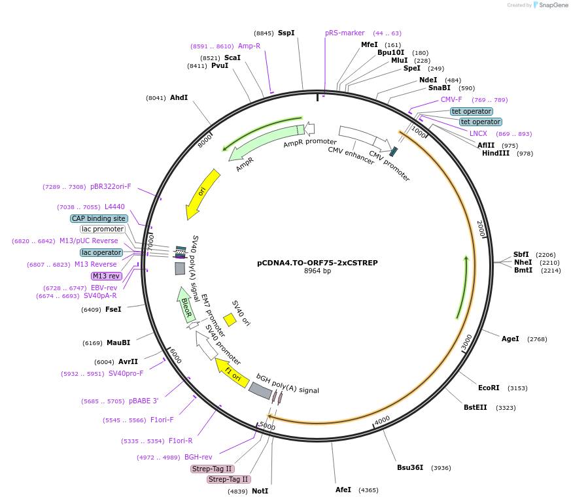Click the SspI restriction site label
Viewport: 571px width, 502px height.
(286, 33)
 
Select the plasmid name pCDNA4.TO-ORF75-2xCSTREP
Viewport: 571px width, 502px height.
(317, 263)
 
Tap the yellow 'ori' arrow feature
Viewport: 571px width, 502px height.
(203, 193)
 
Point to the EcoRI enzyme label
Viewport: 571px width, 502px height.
(489, 388)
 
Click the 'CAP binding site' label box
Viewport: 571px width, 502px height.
(98, 218)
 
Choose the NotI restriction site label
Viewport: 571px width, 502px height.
(260, 491)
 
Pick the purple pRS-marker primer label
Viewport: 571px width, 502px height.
(345, 33)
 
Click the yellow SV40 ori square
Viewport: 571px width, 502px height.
(230, 319)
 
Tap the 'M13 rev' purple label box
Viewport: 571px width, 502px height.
(106, 276)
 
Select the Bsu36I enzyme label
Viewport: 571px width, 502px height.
(410, 467)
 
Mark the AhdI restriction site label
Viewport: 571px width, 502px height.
(179, 97)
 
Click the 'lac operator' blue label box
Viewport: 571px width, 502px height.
(101, 252)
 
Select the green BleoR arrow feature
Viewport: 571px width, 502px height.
(186, 306)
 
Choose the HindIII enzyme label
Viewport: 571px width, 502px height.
(496, 153)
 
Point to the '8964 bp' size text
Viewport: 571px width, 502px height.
(317, 271)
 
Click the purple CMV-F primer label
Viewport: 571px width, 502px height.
(451, 99)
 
